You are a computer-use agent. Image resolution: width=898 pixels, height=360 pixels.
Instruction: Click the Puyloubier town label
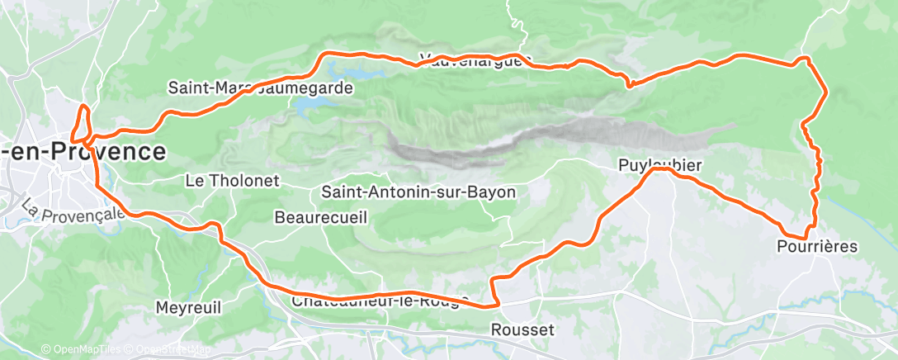click(x=659, y=166)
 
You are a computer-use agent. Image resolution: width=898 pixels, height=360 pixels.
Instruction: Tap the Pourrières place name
click(x=817, y=246)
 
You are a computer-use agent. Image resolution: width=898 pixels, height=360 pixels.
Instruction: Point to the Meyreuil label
click(x=188, y=308)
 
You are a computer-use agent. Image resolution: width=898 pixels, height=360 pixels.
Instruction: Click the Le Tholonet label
click(x=234, y=180)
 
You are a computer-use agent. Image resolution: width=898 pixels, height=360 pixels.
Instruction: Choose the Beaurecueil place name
click(x=321, y=217)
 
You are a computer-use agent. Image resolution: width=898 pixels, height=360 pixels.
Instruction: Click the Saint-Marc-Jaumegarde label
click(x=260, y=86)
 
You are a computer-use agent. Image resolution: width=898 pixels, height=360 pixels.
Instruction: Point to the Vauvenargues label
click(x=471, y=59)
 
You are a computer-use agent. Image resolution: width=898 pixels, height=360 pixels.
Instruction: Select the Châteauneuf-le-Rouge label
click(x=380, y=301)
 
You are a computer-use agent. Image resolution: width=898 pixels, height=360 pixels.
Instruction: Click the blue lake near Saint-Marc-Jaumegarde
click(x=318, y=106)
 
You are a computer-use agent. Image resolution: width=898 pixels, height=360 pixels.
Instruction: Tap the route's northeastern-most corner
click(x=807, y=59)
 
